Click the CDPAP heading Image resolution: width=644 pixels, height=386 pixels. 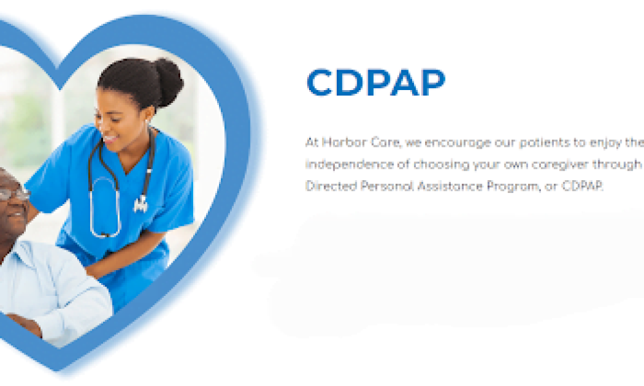point(375,83)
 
